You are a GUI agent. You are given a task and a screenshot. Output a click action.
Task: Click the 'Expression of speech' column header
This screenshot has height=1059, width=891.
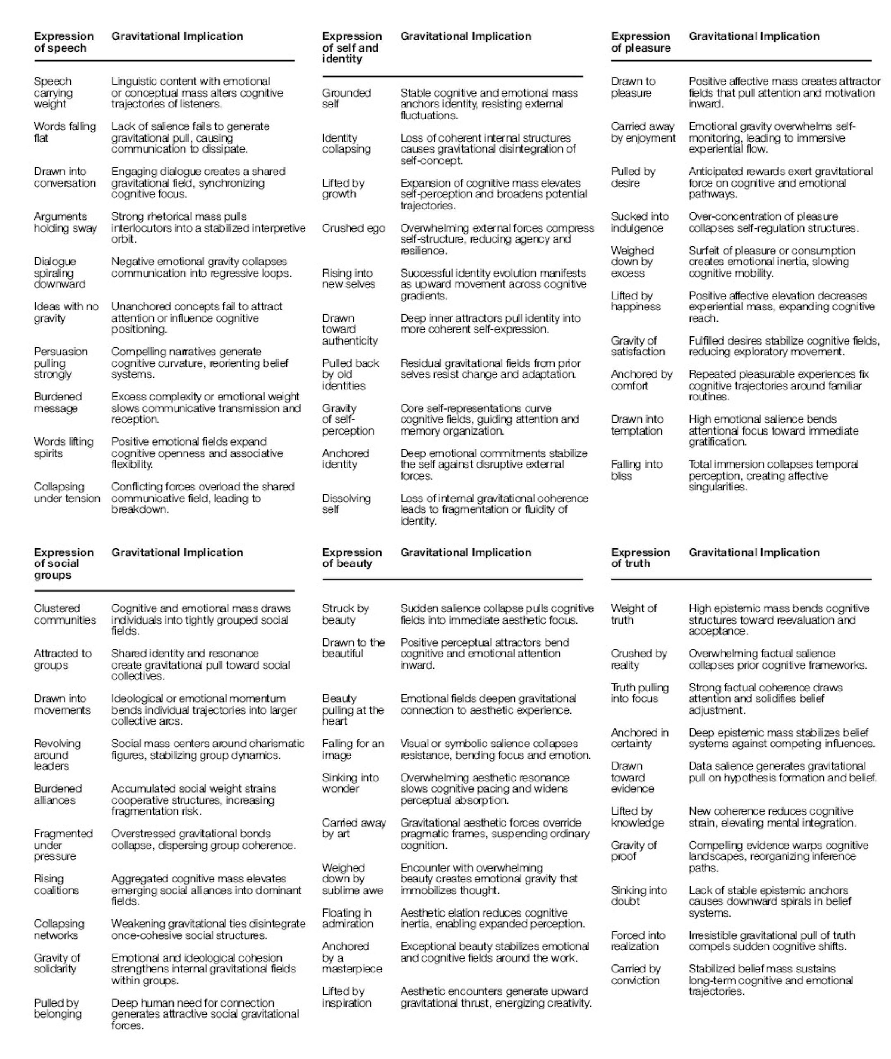click(x=64, y=42)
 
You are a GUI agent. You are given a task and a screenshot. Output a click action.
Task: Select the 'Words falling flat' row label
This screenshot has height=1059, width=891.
click(x=65, y=132)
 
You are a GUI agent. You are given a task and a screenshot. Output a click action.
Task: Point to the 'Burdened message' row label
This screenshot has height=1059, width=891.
click(x=57, y=402)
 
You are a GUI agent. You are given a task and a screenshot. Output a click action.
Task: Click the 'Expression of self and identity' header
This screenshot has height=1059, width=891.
click(x=352, y=48)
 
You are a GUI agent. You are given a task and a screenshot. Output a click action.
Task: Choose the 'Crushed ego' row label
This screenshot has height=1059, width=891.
click(x=353, y=228)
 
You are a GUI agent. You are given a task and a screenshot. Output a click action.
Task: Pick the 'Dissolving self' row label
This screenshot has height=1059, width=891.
click(x=346, y=503)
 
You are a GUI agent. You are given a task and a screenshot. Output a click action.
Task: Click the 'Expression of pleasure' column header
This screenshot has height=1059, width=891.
click(x=640, y=42)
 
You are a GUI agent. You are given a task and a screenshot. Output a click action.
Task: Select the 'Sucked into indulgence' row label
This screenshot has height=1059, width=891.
click(x=640, y=222)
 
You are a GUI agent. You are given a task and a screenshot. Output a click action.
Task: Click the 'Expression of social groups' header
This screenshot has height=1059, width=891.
click(x=64, y=563)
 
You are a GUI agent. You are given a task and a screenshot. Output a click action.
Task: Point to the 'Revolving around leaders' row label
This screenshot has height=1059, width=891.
click(x=57, y=755)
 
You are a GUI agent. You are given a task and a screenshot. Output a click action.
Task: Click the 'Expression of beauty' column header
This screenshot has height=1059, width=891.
click(x=352, y=558)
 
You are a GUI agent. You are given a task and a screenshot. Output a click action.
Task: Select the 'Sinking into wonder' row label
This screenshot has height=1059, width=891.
click(x=350, y=783)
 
